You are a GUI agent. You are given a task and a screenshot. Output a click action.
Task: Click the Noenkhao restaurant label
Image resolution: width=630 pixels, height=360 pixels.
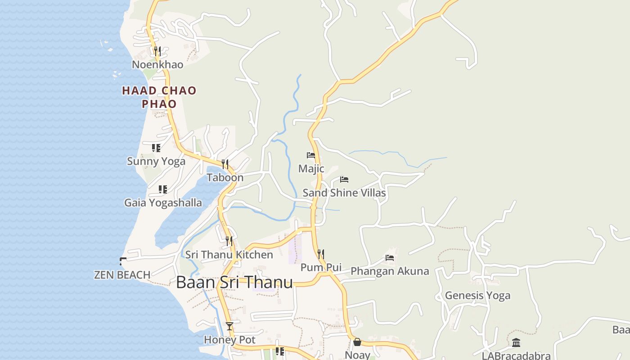tap(157, 64)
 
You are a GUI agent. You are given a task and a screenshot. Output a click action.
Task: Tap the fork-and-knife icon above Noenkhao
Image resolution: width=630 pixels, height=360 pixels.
tap(157, 51)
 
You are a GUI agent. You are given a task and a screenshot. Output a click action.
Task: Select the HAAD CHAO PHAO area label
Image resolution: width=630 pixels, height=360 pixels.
tap(159, 97)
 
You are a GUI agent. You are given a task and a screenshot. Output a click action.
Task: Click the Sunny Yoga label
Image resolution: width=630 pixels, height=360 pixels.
tap(156, 161)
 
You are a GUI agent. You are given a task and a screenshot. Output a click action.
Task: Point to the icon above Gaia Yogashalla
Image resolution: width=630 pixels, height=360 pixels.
tap(163, 189)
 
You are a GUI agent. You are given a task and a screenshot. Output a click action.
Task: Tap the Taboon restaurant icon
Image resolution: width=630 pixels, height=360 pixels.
tap(225, 164)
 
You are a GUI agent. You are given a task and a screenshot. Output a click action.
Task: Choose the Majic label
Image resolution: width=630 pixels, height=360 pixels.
tap(311, 169)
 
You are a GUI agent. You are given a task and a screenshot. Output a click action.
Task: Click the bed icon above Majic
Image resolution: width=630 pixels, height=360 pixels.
tap(311, 155)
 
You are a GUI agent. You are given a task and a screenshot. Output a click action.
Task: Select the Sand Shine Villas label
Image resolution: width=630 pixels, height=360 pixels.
tap(344, 193)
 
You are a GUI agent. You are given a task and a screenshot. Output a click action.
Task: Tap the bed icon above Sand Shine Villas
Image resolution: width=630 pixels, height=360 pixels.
tap(344, 180)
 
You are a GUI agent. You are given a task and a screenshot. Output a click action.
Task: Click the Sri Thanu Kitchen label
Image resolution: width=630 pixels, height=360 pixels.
tap(229, 255)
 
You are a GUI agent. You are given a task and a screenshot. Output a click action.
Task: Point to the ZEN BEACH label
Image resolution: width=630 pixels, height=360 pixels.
tap(122, 274)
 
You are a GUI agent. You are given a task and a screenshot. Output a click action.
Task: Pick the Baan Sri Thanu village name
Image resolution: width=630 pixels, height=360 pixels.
tap(234, 282)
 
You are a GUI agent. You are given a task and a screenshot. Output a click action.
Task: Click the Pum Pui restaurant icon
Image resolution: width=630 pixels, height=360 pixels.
tap(321, 254)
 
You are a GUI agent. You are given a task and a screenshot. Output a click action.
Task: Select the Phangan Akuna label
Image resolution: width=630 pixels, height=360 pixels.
tap(390, 271)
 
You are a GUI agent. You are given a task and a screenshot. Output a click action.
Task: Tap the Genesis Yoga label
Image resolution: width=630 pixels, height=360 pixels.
tap(477, 296)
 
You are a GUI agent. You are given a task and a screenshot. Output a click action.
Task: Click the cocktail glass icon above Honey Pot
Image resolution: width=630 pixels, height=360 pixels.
tap(229, 326)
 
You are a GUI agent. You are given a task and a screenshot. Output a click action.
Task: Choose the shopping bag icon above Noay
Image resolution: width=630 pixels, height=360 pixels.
tap(357, 342)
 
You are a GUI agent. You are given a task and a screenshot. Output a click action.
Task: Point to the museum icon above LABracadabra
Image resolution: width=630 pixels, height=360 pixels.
tap(516, 343)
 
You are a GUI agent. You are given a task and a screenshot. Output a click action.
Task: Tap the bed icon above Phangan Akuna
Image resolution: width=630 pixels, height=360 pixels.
tap(390, 258)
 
